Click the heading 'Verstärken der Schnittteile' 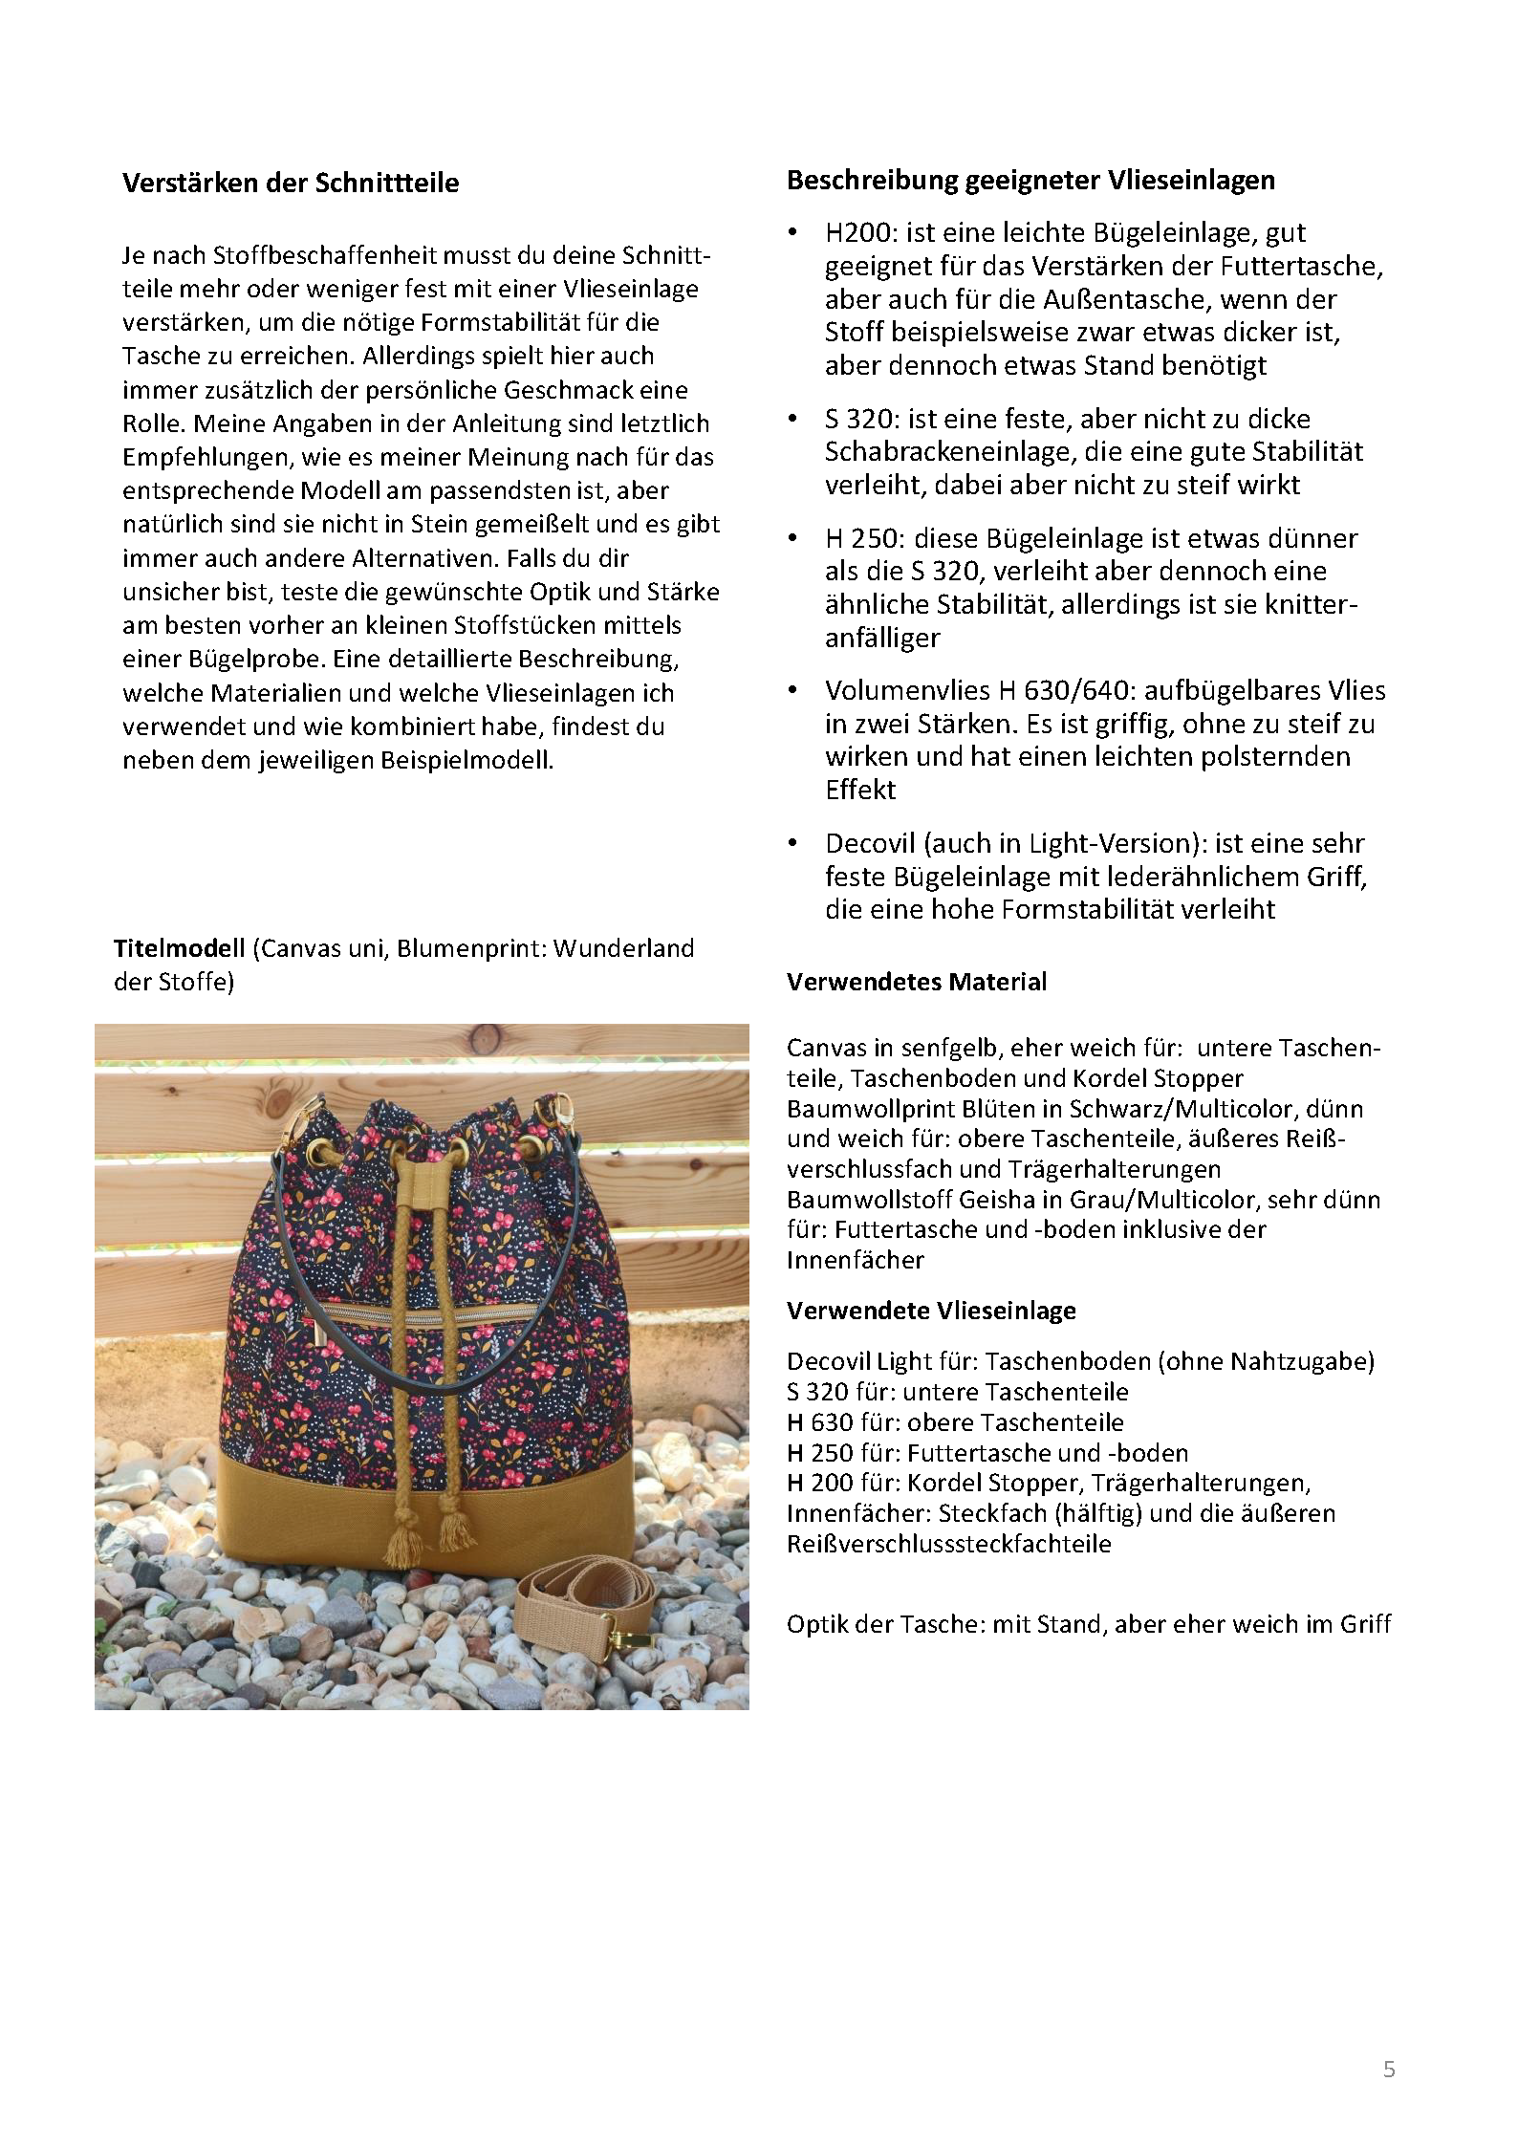tap(291, 183)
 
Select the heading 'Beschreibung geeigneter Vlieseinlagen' tap(1030, 180)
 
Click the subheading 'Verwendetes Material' tap(917, 982)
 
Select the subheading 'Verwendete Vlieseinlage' tap(931, 1311)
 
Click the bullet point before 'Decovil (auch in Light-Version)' tap(792, 843)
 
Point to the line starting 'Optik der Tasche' tap(1089, 1624)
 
